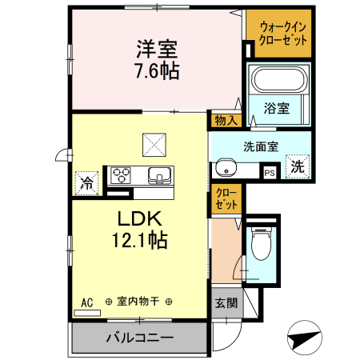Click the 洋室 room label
[x=155, y=47]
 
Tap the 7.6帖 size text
[x=155, y=70]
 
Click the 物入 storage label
[x=225, y=120]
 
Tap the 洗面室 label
[x=260, y=146]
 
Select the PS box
[x=270, y=171]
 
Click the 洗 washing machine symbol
[x=297, y=168]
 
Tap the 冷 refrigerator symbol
[x=86, y=182]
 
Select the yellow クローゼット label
[x=226, y=200]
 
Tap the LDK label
[x=141, y=218]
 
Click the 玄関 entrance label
[x=226, y=303]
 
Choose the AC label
[x=87, y=302]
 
